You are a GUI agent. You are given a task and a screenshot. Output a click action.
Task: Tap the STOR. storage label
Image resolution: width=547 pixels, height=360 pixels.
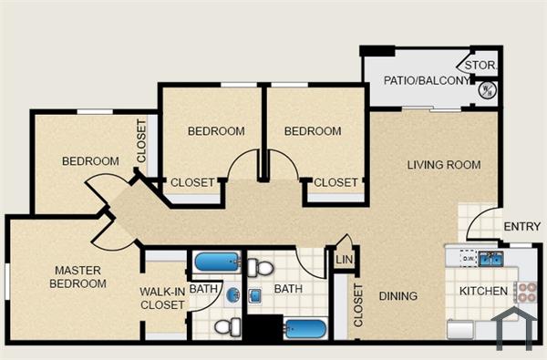pyautogui.click(x=480, y=66)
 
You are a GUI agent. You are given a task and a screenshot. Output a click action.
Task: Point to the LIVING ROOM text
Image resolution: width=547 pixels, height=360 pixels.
pyautogui.click(x=444, y=165)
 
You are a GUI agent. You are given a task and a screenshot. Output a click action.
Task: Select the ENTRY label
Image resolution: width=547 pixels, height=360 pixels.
pyautogui.click(x=521, y=227)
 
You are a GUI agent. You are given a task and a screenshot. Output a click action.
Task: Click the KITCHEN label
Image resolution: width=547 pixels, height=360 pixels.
pyautogui.click(x=483, y=292)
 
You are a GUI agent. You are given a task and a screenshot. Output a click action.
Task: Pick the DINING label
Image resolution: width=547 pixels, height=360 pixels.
pyautogui.click(x=398, y=296)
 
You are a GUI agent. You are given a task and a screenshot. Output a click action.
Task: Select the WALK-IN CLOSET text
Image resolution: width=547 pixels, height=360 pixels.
pyautogui.click(x=162, y=298)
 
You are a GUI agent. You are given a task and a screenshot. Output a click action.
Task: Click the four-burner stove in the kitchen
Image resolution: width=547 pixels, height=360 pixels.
pyautogui.click(x=526, y=293)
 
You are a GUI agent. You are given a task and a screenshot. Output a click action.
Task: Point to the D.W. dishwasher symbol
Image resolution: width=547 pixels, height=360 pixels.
pyautogui.click(x=468, y=258)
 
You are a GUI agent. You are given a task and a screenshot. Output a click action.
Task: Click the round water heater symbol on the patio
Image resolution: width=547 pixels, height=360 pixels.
pyautogui.click(x=487, y=89)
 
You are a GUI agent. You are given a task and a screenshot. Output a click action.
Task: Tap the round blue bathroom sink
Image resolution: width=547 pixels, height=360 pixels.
pyautogui.click(x=233, y=295)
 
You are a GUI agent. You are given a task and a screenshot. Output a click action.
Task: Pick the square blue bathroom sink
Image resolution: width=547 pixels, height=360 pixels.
pyautogui.click(x=256, y=295)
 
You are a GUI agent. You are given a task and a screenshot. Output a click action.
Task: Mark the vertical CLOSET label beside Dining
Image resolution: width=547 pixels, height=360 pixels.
pyautogui.click(x=358, y=305)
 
